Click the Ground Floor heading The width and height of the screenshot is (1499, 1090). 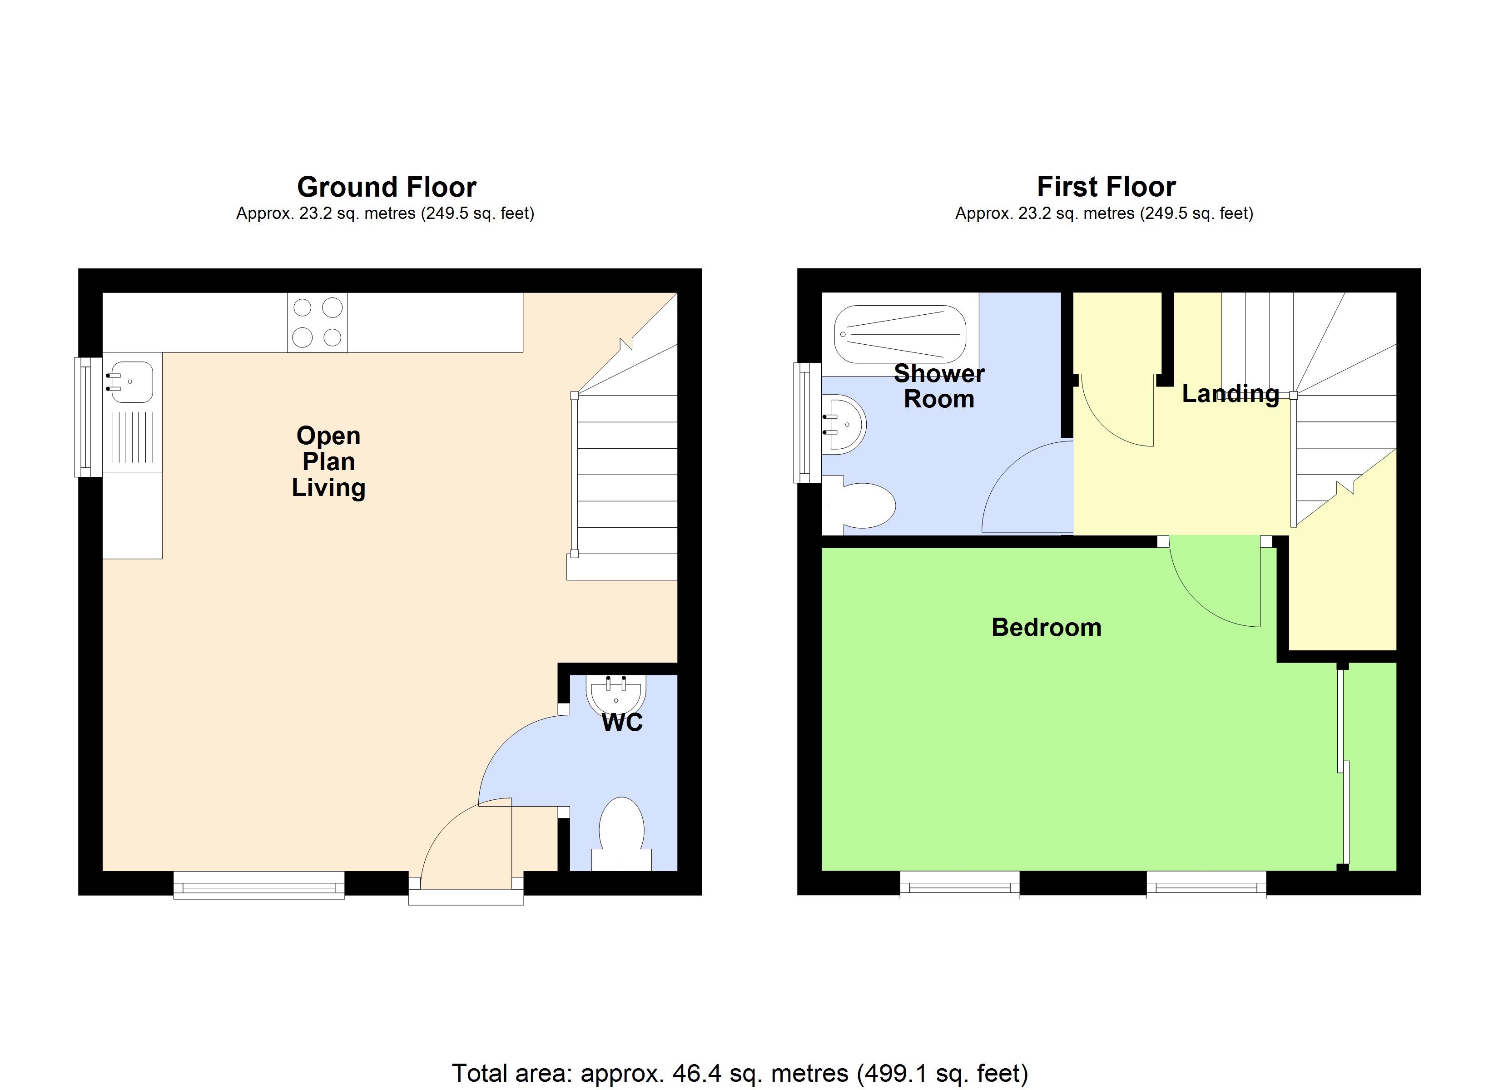tap(386, 188)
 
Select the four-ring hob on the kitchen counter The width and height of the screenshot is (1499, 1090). tap(317, 322)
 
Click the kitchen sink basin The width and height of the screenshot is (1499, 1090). tap(131, 382)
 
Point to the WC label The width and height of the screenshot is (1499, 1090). tap(622, 723)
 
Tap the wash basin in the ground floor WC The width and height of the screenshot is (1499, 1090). tap(615, 696)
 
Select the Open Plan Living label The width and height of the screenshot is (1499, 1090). tap(328, 461)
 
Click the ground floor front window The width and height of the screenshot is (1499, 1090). tap(259, 885)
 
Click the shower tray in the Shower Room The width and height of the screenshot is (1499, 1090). tap(899, 334)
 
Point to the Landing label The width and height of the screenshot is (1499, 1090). tap(1230, 394)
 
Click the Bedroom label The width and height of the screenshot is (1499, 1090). tap(1046, 627)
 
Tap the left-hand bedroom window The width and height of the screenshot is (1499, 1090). tap(960, 885)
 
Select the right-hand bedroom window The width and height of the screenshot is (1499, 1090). tap(1206, 885)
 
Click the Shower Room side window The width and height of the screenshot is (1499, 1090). tap(806, 423)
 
